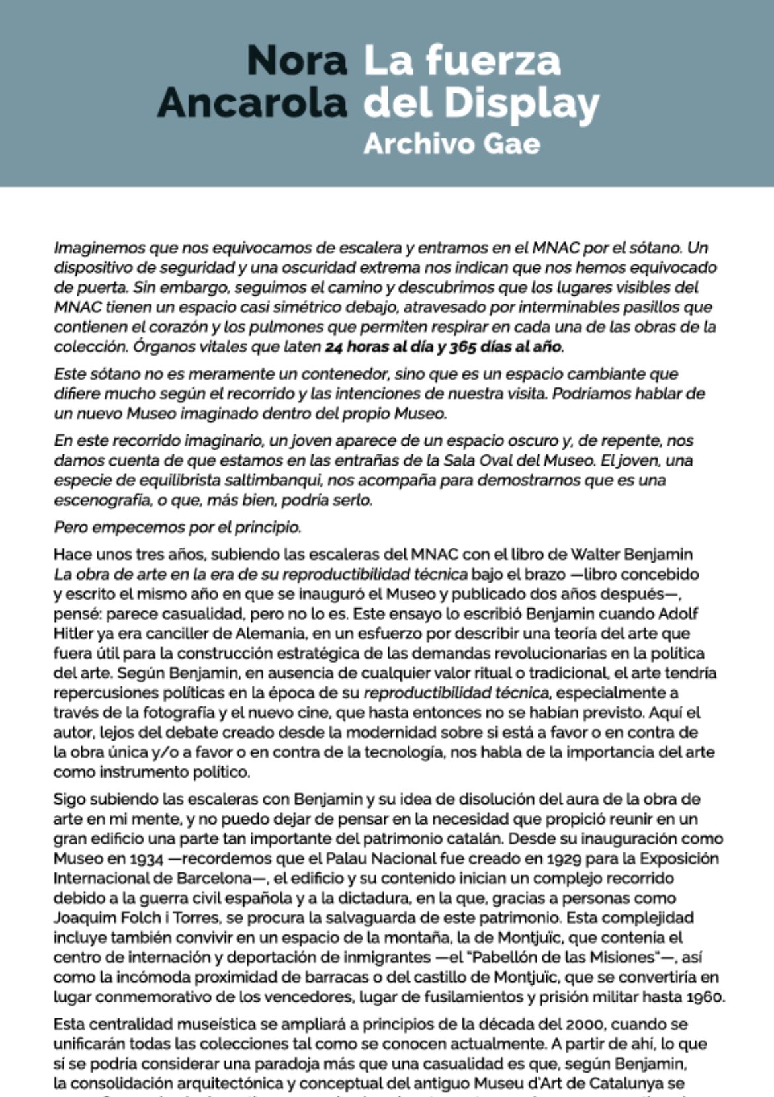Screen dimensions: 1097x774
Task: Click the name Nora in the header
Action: [x=296, y=61]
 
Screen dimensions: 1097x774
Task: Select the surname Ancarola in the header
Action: [x=252, y=103]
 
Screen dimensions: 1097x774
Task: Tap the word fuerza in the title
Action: [x=493, y=61]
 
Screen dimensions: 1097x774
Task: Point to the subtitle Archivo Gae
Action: [x=451, y=143]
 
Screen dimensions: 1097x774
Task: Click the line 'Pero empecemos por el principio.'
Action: [x=177, y=528]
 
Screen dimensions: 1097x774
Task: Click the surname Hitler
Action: [x=75, y=633]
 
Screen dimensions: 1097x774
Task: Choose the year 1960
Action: [x=703, y=996]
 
